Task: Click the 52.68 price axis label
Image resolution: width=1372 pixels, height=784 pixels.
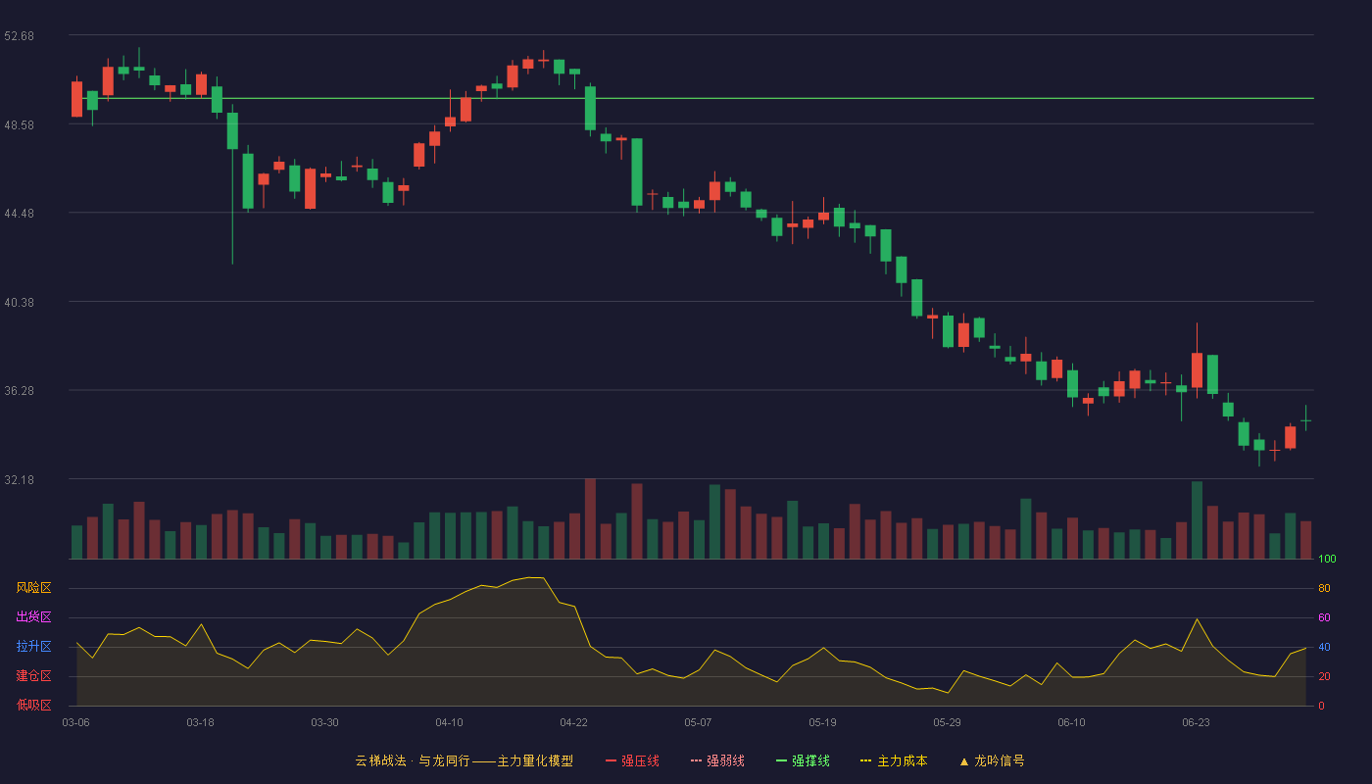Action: [19, 36]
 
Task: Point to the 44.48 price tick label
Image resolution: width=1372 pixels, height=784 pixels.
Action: [19, 214]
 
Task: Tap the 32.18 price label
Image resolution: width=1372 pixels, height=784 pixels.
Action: [19, 479]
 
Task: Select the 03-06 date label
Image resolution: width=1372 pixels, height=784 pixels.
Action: [76, 723]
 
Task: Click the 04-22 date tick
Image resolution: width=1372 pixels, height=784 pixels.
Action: [573, 723]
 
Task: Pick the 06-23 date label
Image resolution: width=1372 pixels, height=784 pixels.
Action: [1196, 723]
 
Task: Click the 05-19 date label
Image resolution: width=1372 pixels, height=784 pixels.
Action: [822, 723]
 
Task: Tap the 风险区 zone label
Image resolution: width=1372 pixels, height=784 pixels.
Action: [33, 588]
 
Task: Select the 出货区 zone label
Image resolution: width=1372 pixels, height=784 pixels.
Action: [33, 616]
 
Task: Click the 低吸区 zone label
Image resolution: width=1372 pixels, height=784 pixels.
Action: [33, 705]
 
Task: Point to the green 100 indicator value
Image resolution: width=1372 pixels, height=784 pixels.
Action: [1327, 559]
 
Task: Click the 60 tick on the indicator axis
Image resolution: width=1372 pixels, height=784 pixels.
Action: [1324, 617]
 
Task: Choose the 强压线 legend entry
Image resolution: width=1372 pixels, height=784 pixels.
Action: [632, 760]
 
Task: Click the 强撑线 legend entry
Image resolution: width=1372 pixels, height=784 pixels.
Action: [803, 760]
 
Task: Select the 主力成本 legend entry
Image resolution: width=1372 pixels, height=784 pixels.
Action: [894, 760]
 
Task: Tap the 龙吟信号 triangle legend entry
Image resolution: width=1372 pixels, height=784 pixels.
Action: [992, 760]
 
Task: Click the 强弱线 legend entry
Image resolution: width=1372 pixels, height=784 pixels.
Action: [717, 760]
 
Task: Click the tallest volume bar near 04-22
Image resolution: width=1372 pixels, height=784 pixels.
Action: [590, 518]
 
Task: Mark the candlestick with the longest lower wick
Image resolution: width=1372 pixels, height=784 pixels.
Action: [233, 184]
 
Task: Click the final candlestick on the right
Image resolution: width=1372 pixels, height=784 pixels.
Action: [1305, 420]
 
